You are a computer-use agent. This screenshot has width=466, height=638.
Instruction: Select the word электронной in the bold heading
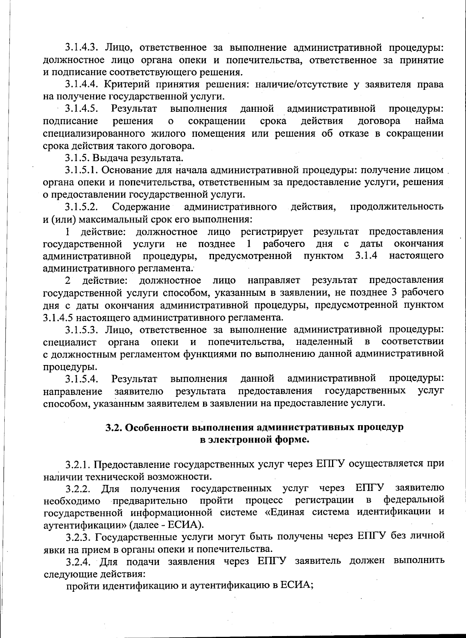point(240,440)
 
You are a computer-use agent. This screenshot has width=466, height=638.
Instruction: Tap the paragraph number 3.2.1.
point(78,464)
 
